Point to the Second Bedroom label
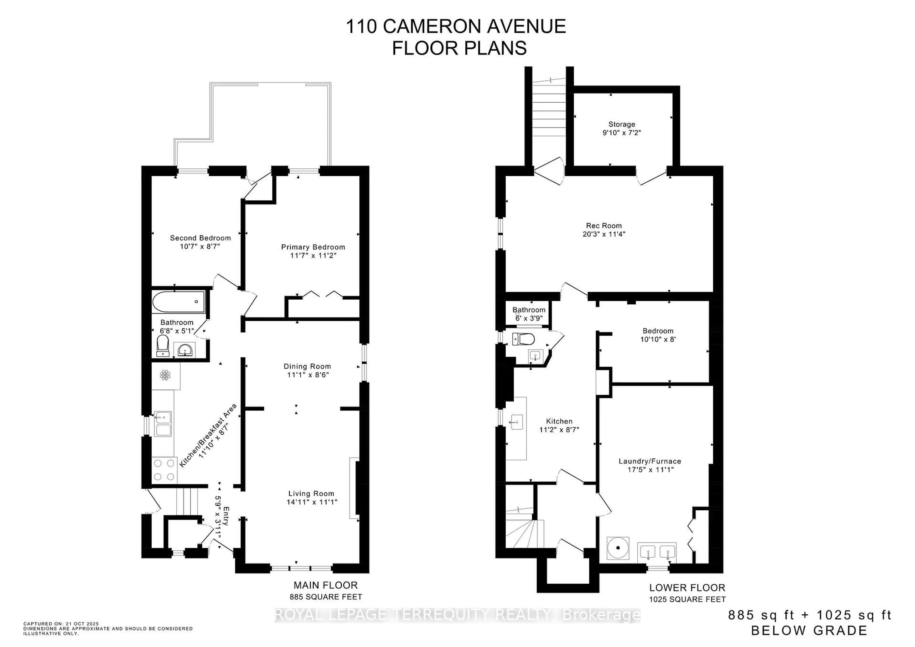pos(200,238)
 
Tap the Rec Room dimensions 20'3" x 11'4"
pos(604,234)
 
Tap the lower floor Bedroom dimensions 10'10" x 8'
pos(658,339)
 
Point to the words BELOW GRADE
pos(809,630)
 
